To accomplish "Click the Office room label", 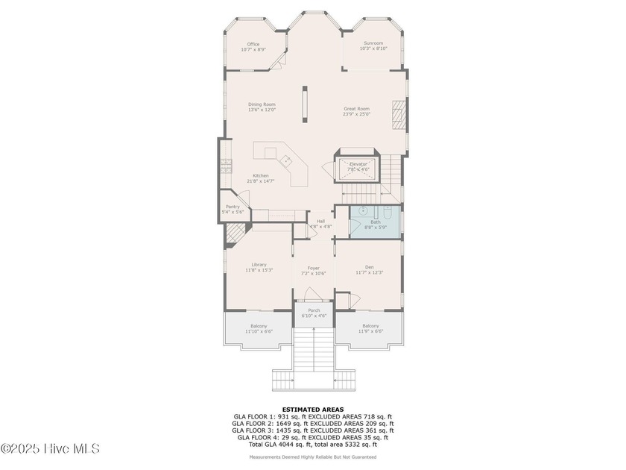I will tap(253, 44).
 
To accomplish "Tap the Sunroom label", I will tap(373, 44).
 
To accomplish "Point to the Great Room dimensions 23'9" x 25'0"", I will tap(356, 114).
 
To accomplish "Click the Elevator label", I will tap(359, 164).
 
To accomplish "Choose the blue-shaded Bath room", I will tap(375, 222).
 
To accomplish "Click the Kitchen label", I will tap(261, 176).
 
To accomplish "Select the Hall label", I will tap(320, 221).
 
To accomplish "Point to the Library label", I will tap(259, 264).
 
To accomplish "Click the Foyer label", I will tap(314, 269).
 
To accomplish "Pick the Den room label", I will tap(369, 267).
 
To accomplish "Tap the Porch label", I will tap(314, 310).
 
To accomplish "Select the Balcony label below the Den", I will tap(370, 326).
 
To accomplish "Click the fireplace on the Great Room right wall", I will tap(401, 115).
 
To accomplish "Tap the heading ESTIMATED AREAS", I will tap(313, 409).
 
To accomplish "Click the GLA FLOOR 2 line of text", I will tap(313, 423).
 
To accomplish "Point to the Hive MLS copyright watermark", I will tap(50, 448).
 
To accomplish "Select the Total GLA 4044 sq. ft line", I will tap(313, 444).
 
